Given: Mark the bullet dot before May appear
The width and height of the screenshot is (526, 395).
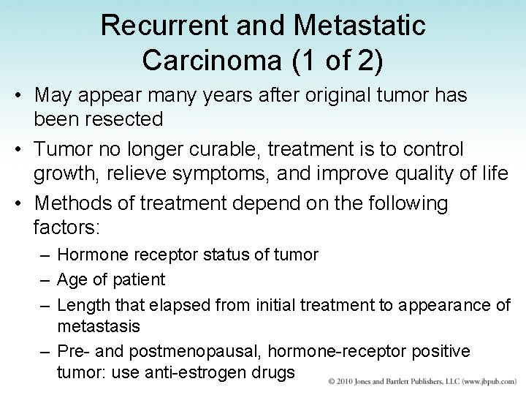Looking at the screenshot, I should coord(22,95).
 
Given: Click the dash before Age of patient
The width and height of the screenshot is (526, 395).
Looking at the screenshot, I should coord(45,279).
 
